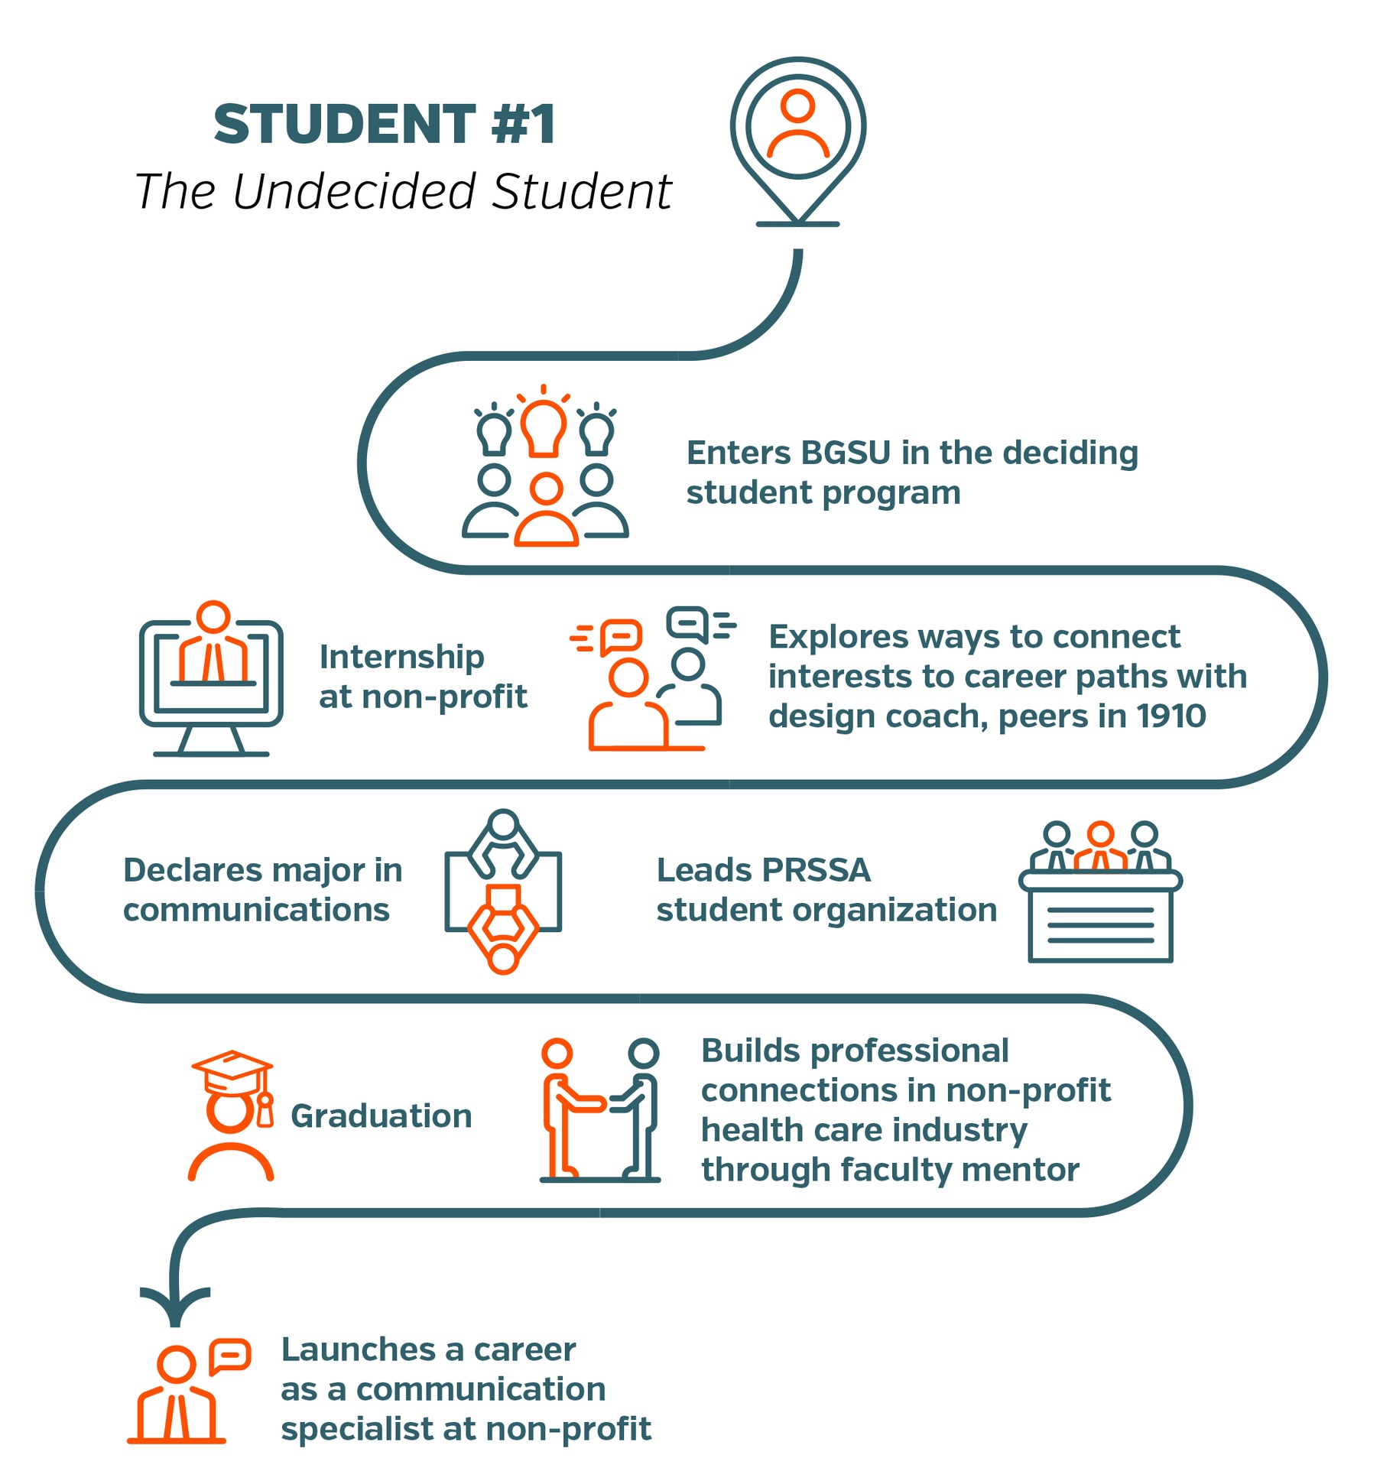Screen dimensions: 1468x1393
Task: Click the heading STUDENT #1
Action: click(x=384, y=124)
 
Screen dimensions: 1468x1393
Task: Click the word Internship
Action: click(x=401, y=657)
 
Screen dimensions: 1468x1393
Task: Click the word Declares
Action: click(x=195, y=870)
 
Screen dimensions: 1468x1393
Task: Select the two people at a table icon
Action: click(x=503, y=892)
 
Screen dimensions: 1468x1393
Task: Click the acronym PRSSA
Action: click(x=816, y=870)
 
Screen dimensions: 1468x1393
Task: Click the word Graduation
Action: click(x=381, y=1116)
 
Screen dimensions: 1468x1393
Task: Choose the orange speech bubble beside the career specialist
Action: click(x=229, y=1356)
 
